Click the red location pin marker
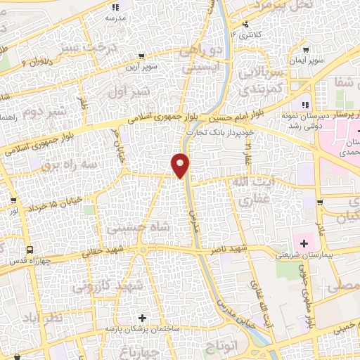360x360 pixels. (x=181, y=165)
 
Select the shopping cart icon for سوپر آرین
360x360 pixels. (x=142, y=56)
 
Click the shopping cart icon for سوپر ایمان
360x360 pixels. (x=306, y=49)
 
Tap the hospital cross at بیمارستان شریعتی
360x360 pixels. (x=304, y=244)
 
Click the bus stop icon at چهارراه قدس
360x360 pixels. (x=30, y=250)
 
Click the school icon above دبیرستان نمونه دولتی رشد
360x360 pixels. (x=304, y=105)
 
